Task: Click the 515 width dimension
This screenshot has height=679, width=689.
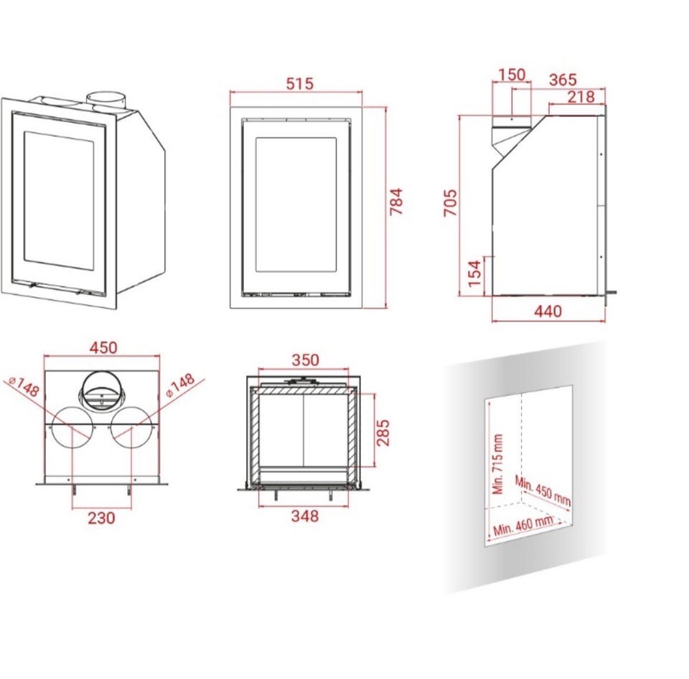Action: click(x=300, y=83)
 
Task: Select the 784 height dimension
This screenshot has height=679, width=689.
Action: click(x=396, y=201)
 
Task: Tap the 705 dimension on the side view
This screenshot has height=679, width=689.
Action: click(x=451, y=202)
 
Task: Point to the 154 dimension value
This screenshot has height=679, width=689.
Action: click(x=474, y=273)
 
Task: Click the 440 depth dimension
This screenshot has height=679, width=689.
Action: click(x=548, y=312)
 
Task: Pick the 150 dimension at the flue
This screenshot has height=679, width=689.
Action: click(x=512, y=75)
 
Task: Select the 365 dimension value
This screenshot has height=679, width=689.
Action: click(x=563, y=80)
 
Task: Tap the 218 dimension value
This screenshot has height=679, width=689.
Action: click(x=581, y=97)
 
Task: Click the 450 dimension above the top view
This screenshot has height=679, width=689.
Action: click(x=103, y=347)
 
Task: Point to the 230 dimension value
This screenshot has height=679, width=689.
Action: click(x=101, y=518)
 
